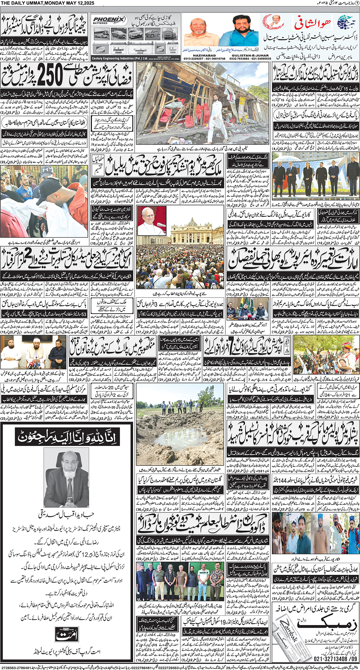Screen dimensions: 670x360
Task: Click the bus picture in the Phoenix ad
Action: (102, 34)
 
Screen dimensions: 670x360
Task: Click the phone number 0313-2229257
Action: (193, 59)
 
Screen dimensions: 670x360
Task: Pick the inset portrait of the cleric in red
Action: (152, 221)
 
